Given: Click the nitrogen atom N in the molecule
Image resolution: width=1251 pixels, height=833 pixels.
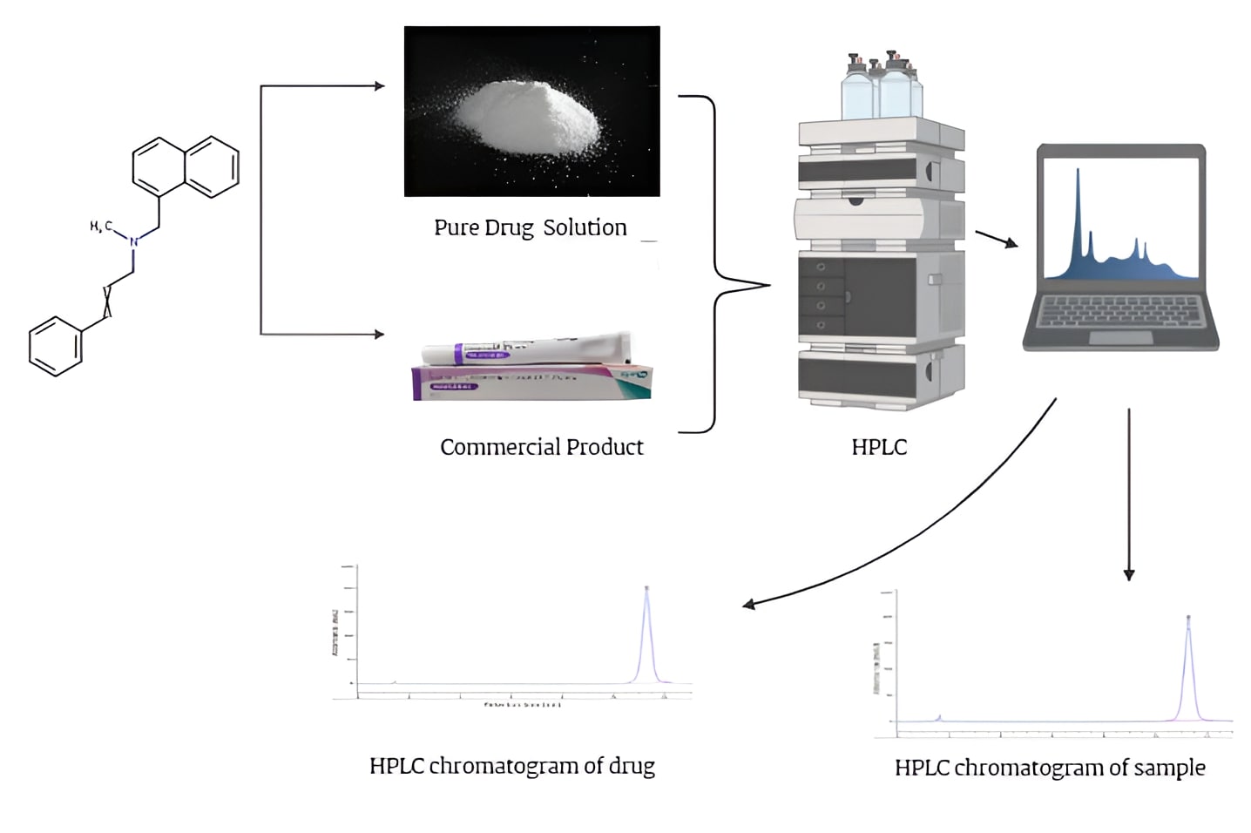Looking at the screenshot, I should [133, 241].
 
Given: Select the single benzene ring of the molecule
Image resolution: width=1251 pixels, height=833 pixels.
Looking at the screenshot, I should [56, 346].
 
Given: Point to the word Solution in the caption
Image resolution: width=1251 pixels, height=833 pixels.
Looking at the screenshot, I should [585, 227].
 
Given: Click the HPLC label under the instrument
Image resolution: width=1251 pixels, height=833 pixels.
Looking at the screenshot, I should [879, 447].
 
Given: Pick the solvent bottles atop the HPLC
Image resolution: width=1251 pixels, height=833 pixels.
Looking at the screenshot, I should [880, 86].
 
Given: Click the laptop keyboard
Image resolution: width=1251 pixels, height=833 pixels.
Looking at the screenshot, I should [1121, 312].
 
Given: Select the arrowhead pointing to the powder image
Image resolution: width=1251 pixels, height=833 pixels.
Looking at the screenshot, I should [379, 85].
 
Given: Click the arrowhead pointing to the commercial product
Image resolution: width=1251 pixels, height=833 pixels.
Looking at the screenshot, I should [379, 334].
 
